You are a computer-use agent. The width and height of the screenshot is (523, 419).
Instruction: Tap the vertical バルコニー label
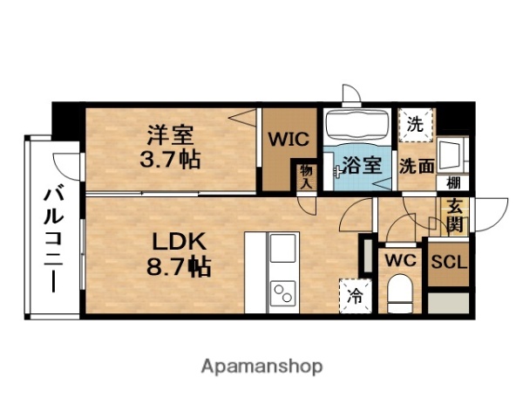click(x=51, y=232)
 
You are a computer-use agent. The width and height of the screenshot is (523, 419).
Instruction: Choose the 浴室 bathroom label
click(x=360, y=165)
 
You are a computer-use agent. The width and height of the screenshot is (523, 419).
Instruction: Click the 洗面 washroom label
click(x=416, y=166)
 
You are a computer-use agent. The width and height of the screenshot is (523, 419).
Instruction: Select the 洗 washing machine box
click(x=416, y=124)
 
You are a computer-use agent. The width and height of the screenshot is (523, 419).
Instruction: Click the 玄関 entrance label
click(x=454, y=216)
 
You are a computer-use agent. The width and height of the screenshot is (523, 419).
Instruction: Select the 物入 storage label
click(x=306, y=176)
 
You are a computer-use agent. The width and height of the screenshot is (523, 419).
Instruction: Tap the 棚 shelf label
click(x=453, y=182)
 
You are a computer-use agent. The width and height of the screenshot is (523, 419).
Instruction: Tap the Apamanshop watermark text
click(x=262, y=366)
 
